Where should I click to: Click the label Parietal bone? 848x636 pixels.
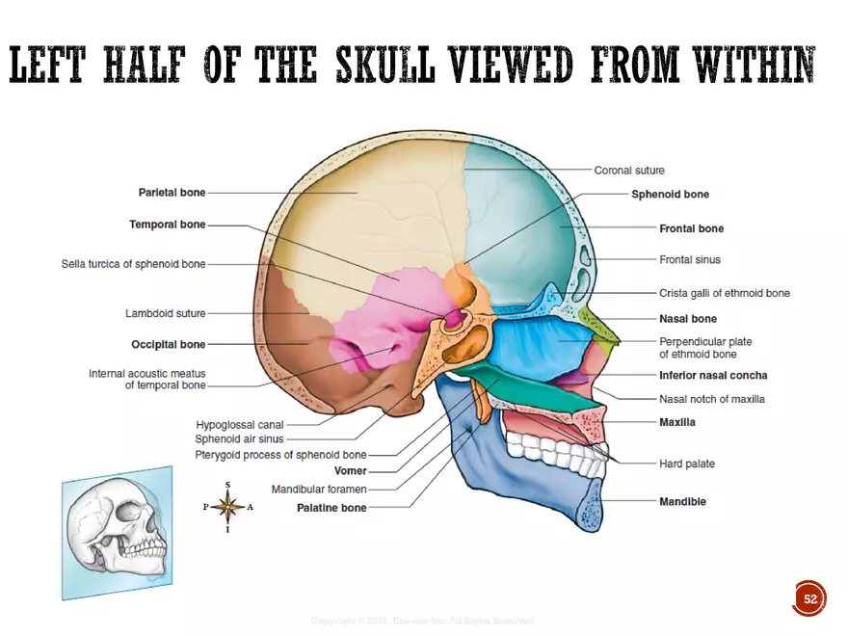point(172,193)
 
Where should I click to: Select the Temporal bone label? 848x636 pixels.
point(167,225)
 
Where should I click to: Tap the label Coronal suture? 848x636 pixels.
point(629,171)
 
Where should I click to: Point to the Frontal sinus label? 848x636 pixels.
point(689,260)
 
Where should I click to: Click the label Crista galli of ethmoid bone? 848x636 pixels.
point(724,293)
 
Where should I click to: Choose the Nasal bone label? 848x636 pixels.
point(687,319)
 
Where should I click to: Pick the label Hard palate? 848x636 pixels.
point(687,464)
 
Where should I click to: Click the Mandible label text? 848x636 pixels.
point(682,502)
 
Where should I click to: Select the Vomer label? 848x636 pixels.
point(350,471)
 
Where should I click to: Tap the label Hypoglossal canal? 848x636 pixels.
point(240,424)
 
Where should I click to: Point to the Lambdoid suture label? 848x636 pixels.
point(165,313)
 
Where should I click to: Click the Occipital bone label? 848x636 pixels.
point(168,344)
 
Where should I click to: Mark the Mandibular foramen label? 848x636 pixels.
point(318,490)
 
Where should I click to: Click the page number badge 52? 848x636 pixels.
point(809,598)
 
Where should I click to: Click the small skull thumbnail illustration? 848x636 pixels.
point(118,534)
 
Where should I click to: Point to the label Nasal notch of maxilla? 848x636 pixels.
point(711,399)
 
